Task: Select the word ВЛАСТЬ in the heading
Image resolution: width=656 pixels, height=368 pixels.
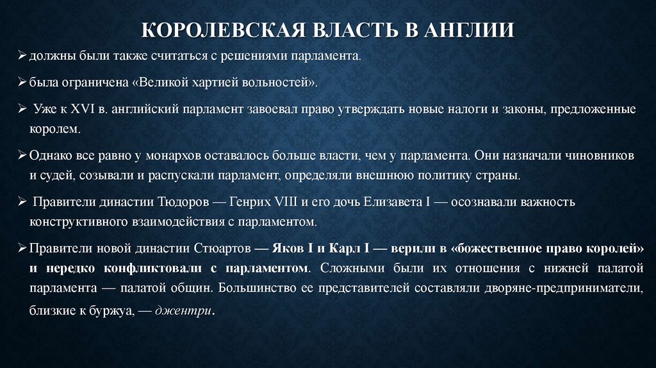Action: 346,31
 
